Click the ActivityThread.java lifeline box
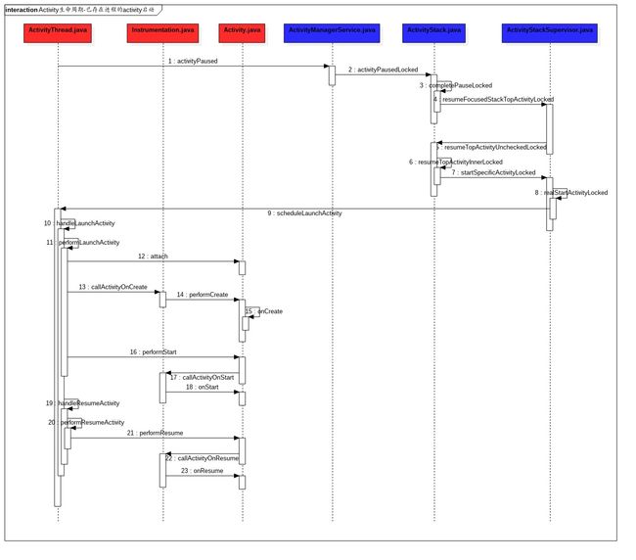pos(59,30)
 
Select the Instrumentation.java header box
pos(161,30)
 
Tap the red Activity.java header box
pos(241,30)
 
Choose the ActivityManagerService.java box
pos(332,30)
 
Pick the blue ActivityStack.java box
pos(433,30)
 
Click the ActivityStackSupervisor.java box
pos(549,30)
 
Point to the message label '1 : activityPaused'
pos(192,61)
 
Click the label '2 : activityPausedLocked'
pos(382,70)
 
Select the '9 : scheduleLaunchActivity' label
pos(303,212)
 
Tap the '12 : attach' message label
pos(153,256)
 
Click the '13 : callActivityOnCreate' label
pos(114,287)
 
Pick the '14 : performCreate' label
pos(202,295)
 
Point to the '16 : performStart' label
pos(153,350)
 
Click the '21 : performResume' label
pos(154,432)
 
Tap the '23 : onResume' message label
pos(201,470)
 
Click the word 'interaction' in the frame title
pos(22,8)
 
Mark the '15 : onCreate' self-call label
pos(264,311)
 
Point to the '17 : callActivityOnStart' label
pos(202,376)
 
